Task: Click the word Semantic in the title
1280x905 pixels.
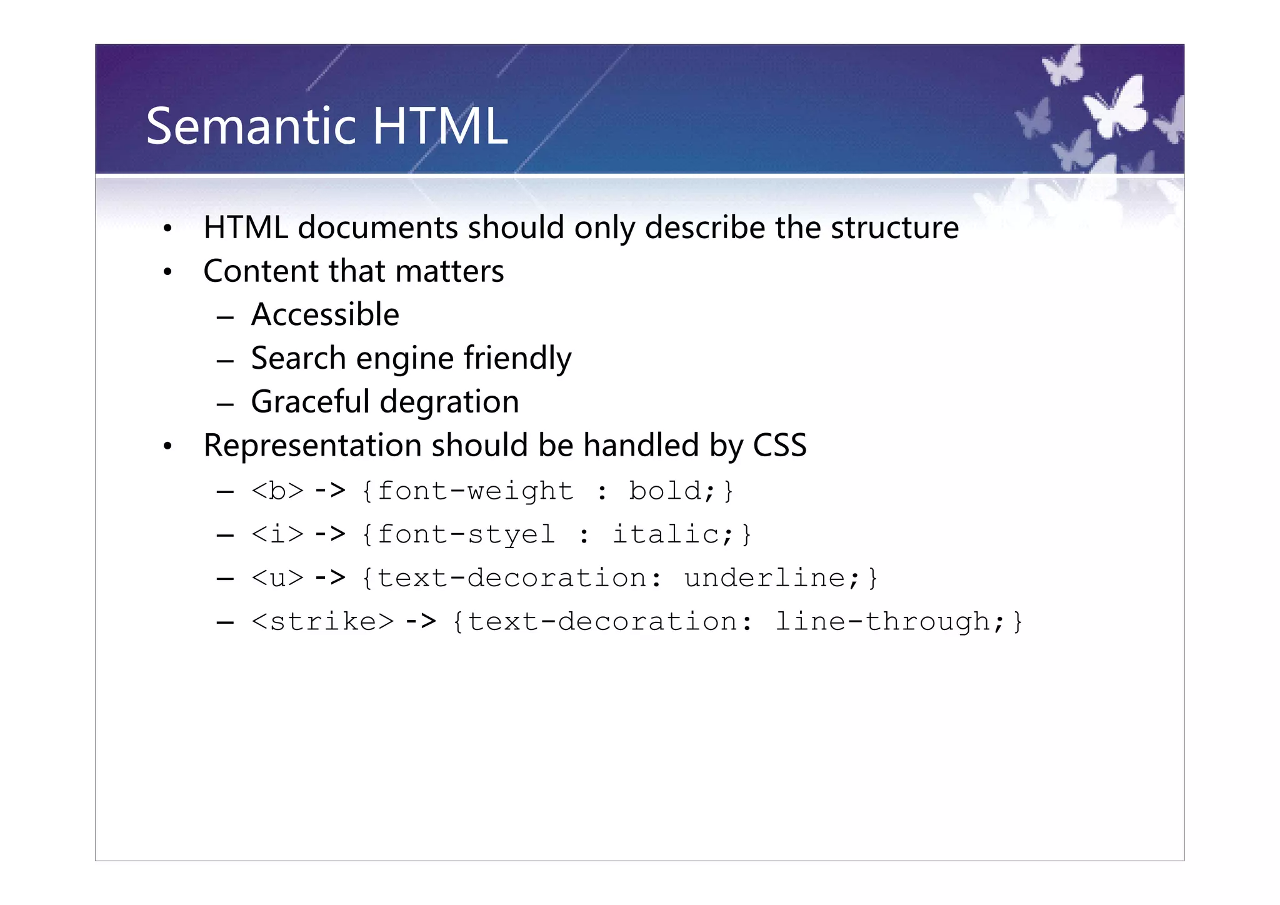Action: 252,126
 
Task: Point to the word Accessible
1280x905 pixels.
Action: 325,314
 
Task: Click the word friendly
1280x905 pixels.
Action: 517,358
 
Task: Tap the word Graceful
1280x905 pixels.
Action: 310,402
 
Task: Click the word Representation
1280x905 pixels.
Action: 312,446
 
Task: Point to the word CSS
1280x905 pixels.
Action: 779,446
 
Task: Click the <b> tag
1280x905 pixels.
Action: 277,491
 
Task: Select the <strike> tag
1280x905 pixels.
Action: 322,622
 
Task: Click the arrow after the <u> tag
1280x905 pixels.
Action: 330,578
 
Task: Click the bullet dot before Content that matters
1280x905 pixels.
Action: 167,272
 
